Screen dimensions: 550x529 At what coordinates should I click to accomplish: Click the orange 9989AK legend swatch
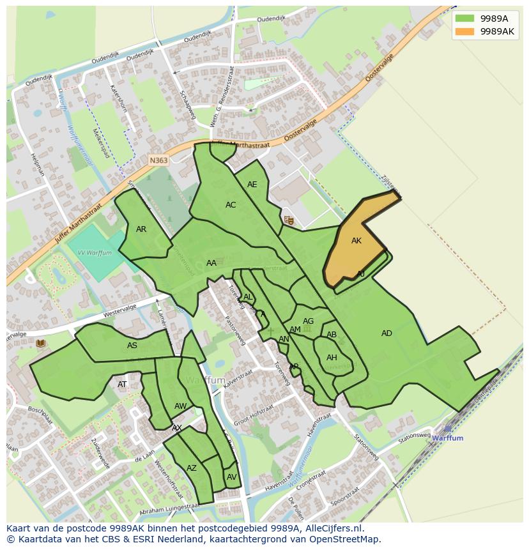tap(466, 31)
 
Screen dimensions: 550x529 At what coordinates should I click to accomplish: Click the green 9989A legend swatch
tap(466, 19)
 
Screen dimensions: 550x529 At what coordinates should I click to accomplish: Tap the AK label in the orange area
tap(356, 241)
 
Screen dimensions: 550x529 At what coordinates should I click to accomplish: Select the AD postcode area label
tap(387, 333)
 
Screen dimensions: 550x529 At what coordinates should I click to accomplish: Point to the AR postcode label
tap(141, 229)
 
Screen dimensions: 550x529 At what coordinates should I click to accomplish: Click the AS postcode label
tap(132, 346)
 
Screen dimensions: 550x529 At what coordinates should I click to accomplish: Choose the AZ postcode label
tap(192, 468)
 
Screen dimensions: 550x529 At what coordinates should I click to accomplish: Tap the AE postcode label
tap(252, 185)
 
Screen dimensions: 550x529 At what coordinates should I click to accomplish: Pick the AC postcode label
tap(231, 205)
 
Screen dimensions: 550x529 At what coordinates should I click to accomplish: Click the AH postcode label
tap(332, 358)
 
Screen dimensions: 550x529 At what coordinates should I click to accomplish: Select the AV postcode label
tap(232, 477)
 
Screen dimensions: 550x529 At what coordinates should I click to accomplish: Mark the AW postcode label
tap(181, 406)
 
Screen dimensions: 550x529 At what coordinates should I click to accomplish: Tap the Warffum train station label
tap(447, 438)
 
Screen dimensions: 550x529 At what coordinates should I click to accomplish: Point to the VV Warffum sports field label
tap(95, 253)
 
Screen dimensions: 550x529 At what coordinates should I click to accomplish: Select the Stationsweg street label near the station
tap(414, 438)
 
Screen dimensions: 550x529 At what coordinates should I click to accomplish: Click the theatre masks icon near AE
tap(289, 220)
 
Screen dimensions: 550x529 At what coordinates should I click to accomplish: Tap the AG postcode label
tap(309, 321)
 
